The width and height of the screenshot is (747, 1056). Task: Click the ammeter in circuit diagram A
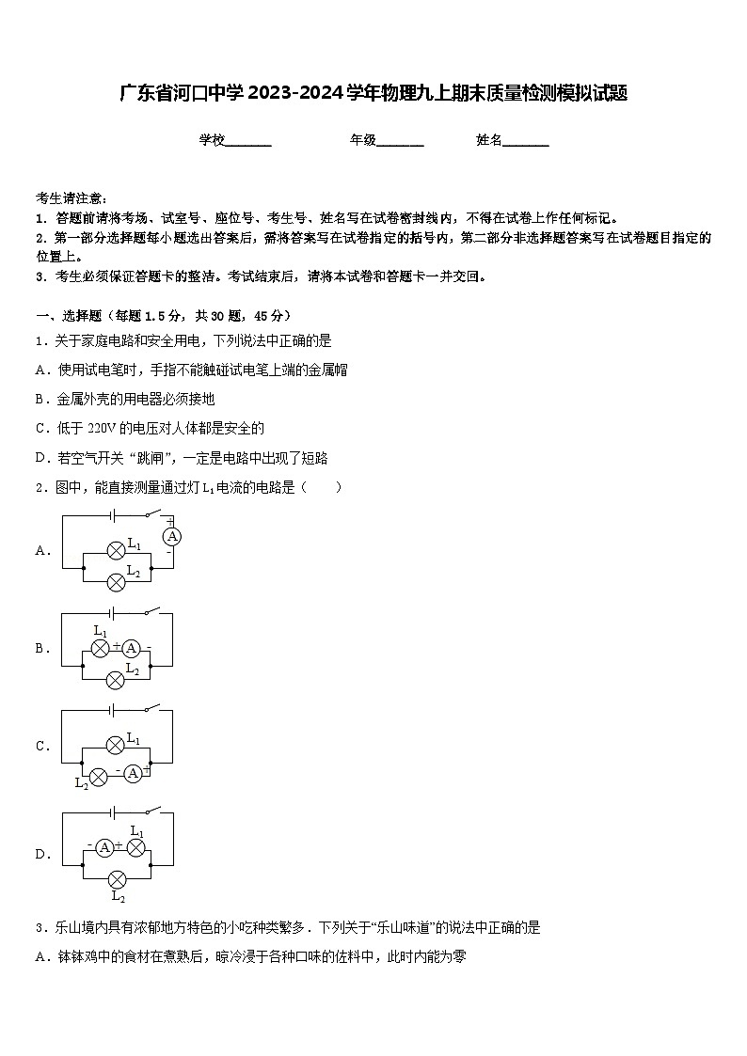click(170, 536)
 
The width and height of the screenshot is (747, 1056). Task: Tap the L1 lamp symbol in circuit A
click(116, 550)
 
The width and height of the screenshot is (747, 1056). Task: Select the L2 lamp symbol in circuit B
click(116, 679)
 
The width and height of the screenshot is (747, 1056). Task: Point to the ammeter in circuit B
click(132, 648)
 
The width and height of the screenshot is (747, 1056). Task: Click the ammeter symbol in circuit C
click(133, 773)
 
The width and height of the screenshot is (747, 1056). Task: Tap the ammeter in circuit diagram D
click(105, 848)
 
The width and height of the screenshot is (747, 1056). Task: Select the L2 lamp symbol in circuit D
click(117, 880)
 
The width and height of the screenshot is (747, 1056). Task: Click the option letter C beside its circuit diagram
click(42, 747)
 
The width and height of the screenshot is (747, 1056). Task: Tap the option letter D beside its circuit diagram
click(42, 855)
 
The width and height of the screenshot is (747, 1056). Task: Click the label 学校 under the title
click(212, 140)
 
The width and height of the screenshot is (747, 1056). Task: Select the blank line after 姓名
click(526, 142)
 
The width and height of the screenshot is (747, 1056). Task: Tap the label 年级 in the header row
click(363, 140)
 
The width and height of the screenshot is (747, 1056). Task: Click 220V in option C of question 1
click(101, 428)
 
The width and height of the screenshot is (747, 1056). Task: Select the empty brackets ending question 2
click(324, 487)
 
